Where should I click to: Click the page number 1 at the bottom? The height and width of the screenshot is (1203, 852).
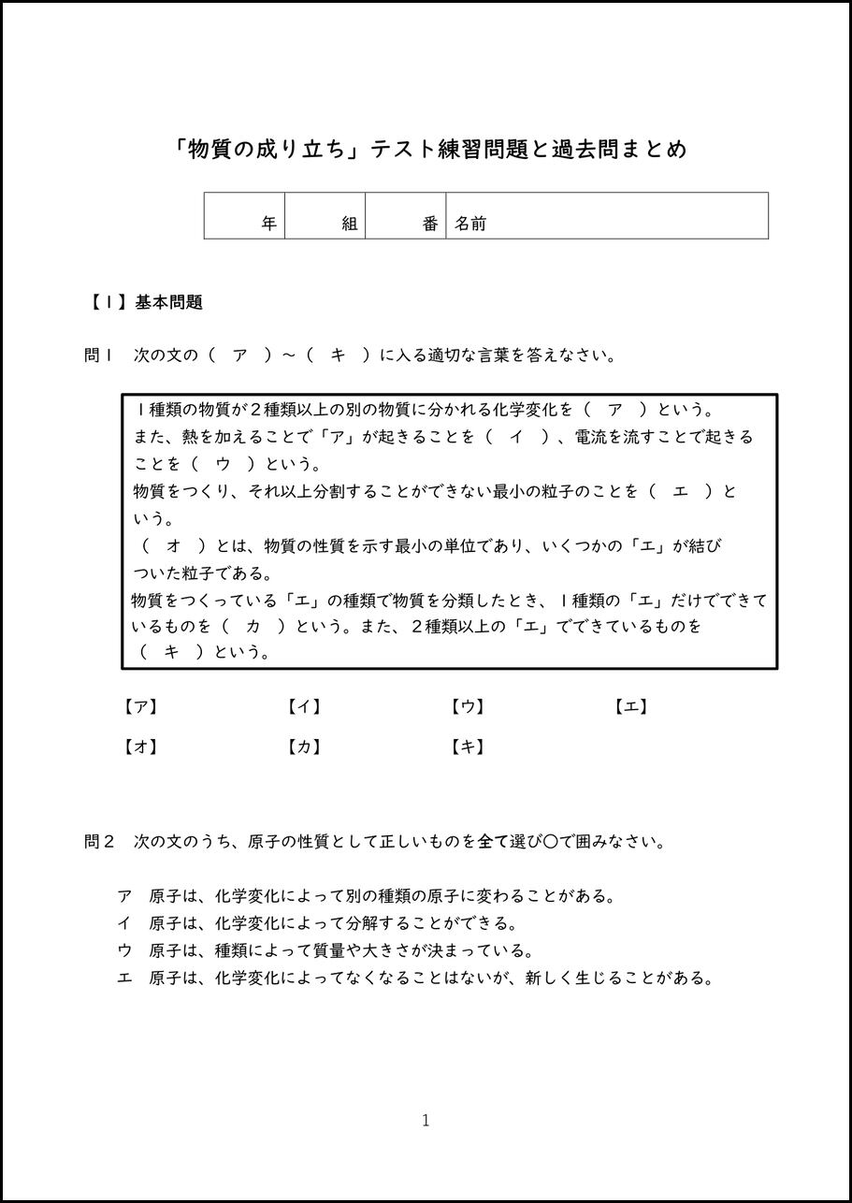[426, 1121]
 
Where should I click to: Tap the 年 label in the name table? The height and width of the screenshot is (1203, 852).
[269, 224]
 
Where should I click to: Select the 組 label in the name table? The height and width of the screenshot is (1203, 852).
[350, 224]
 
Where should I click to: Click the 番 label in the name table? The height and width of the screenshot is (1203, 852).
[430, 224]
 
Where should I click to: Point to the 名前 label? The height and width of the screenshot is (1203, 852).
[470, 224]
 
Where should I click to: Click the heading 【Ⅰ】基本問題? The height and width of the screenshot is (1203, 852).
[145, 302]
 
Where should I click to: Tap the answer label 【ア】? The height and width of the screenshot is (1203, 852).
[140, 707]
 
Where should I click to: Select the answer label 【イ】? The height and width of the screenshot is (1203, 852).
[304, 707]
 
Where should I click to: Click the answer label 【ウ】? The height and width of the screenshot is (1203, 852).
[468, 707]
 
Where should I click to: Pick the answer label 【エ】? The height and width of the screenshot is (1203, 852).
[631, 707]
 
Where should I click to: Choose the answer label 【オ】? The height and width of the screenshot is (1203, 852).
[140, 746]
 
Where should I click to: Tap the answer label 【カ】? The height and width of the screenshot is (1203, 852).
[304, 746]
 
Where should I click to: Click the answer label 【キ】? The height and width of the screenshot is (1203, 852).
[468, 746]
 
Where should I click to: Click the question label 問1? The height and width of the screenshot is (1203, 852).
[98, 355]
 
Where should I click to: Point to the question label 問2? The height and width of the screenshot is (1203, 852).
[98, 842]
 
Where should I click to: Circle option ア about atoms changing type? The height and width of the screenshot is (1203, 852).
[124, 896]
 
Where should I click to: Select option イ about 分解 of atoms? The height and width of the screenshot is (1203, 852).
[124, 923]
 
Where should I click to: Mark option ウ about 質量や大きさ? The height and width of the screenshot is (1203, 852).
[124, 951]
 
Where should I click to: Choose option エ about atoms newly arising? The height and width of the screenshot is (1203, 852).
[124, 979]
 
